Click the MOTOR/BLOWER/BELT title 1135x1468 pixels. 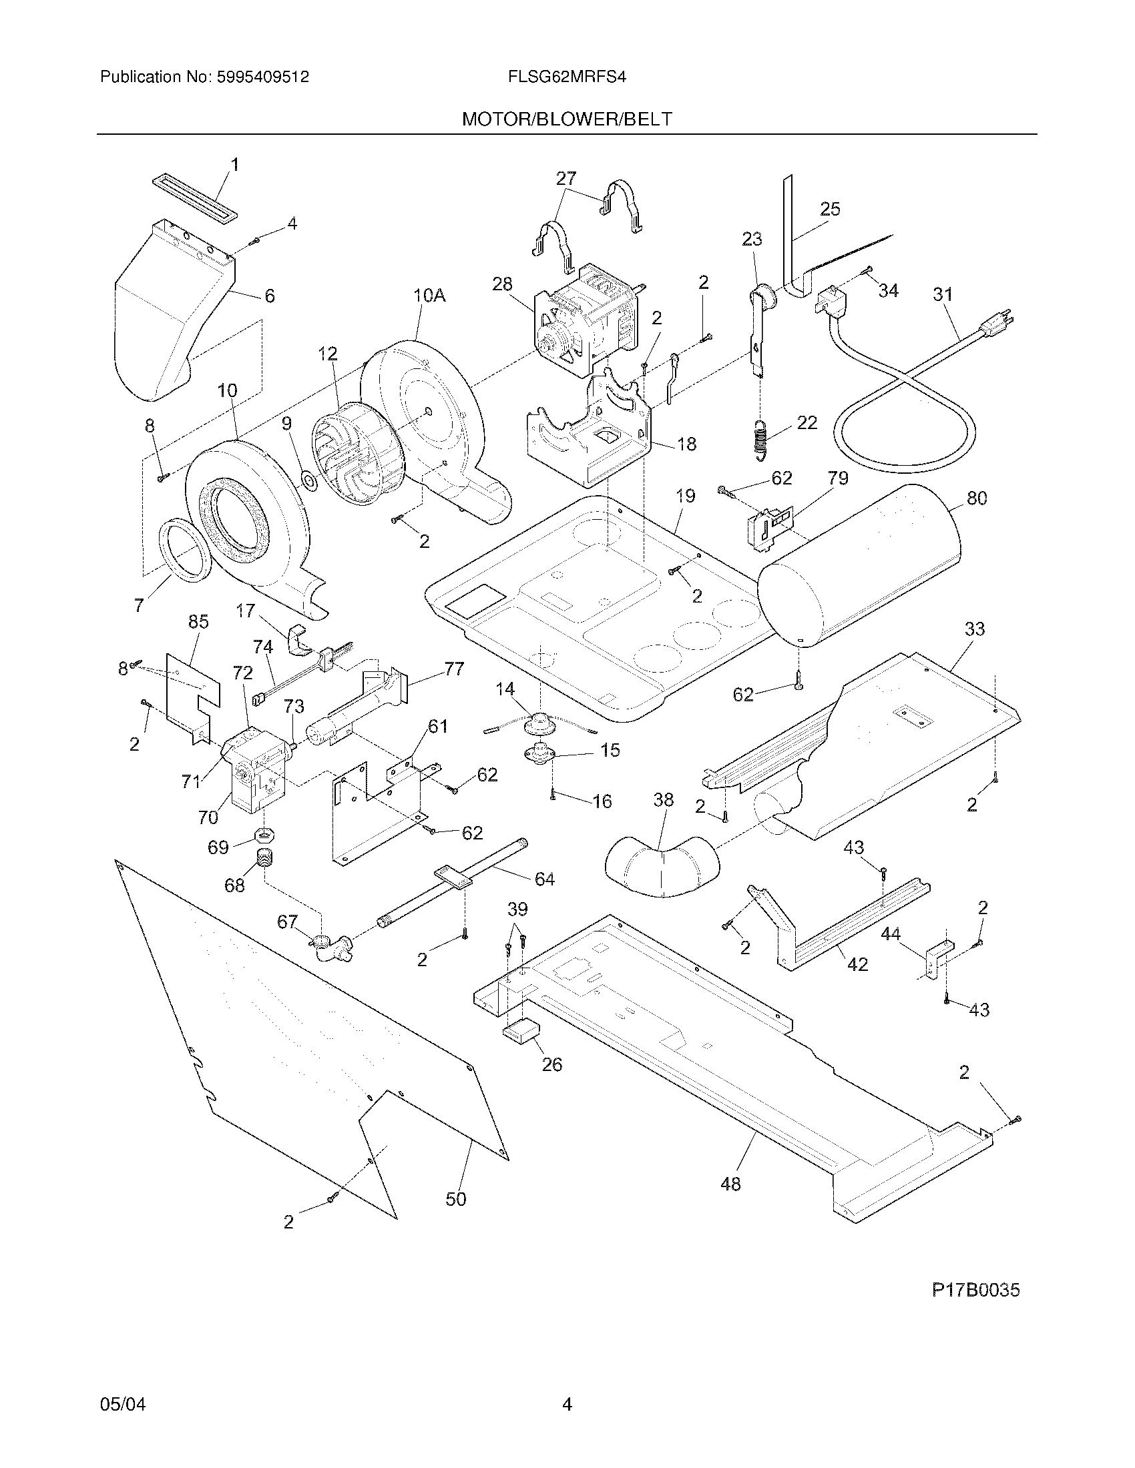tap(566, 119)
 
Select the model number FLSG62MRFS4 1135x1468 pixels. tap(567, 77)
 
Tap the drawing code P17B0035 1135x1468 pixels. tap(975, 1290)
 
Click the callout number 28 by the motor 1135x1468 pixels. tap(501, 284)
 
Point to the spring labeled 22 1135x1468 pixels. tap(760, 440)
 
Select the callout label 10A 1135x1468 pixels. tap(430, 296)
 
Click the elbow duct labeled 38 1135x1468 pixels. tap(662, 867)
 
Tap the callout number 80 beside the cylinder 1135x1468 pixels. tap(976, 498)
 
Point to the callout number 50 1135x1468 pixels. tap(455, 1198)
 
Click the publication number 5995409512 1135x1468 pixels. tap(263, 77)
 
